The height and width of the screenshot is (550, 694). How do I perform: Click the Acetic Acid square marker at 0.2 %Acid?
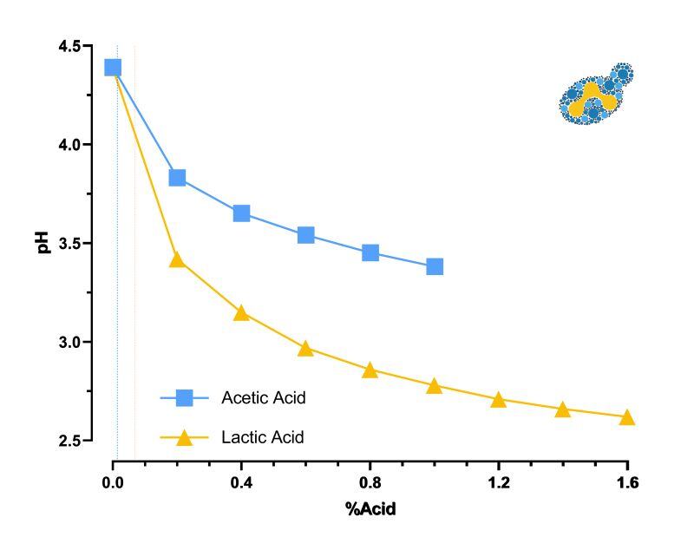[177, 178]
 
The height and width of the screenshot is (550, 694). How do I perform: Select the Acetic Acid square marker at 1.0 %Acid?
[435, 266]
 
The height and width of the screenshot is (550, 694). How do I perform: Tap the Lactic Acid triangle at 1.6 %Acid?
[627, 418]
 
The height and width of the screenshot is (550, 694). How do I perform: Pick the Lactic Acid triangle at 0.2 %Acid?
[177, 260]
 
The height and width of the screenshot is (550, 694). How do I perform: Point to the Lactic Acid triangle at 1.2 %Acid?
[499, 400]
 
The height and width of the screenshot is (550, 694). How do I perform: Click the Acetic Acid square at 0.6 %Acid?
[305, 235]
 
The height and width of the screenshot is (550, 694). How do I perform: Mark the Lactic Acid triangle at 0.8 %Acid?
[370, 370]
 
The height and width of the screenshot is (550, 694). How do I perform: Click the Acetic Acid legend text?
[264, 398]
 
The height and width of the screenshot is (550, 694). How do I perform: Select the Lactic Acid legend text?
[263, 437]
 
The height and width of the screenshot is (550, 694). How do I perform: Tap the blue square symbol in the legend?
[185, 398]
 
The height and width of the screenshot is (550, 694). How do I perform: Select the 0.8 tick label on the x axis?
[370, 481]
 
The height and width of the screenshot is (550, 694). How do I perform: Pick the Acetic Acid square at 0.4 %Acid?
[241, 213]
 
